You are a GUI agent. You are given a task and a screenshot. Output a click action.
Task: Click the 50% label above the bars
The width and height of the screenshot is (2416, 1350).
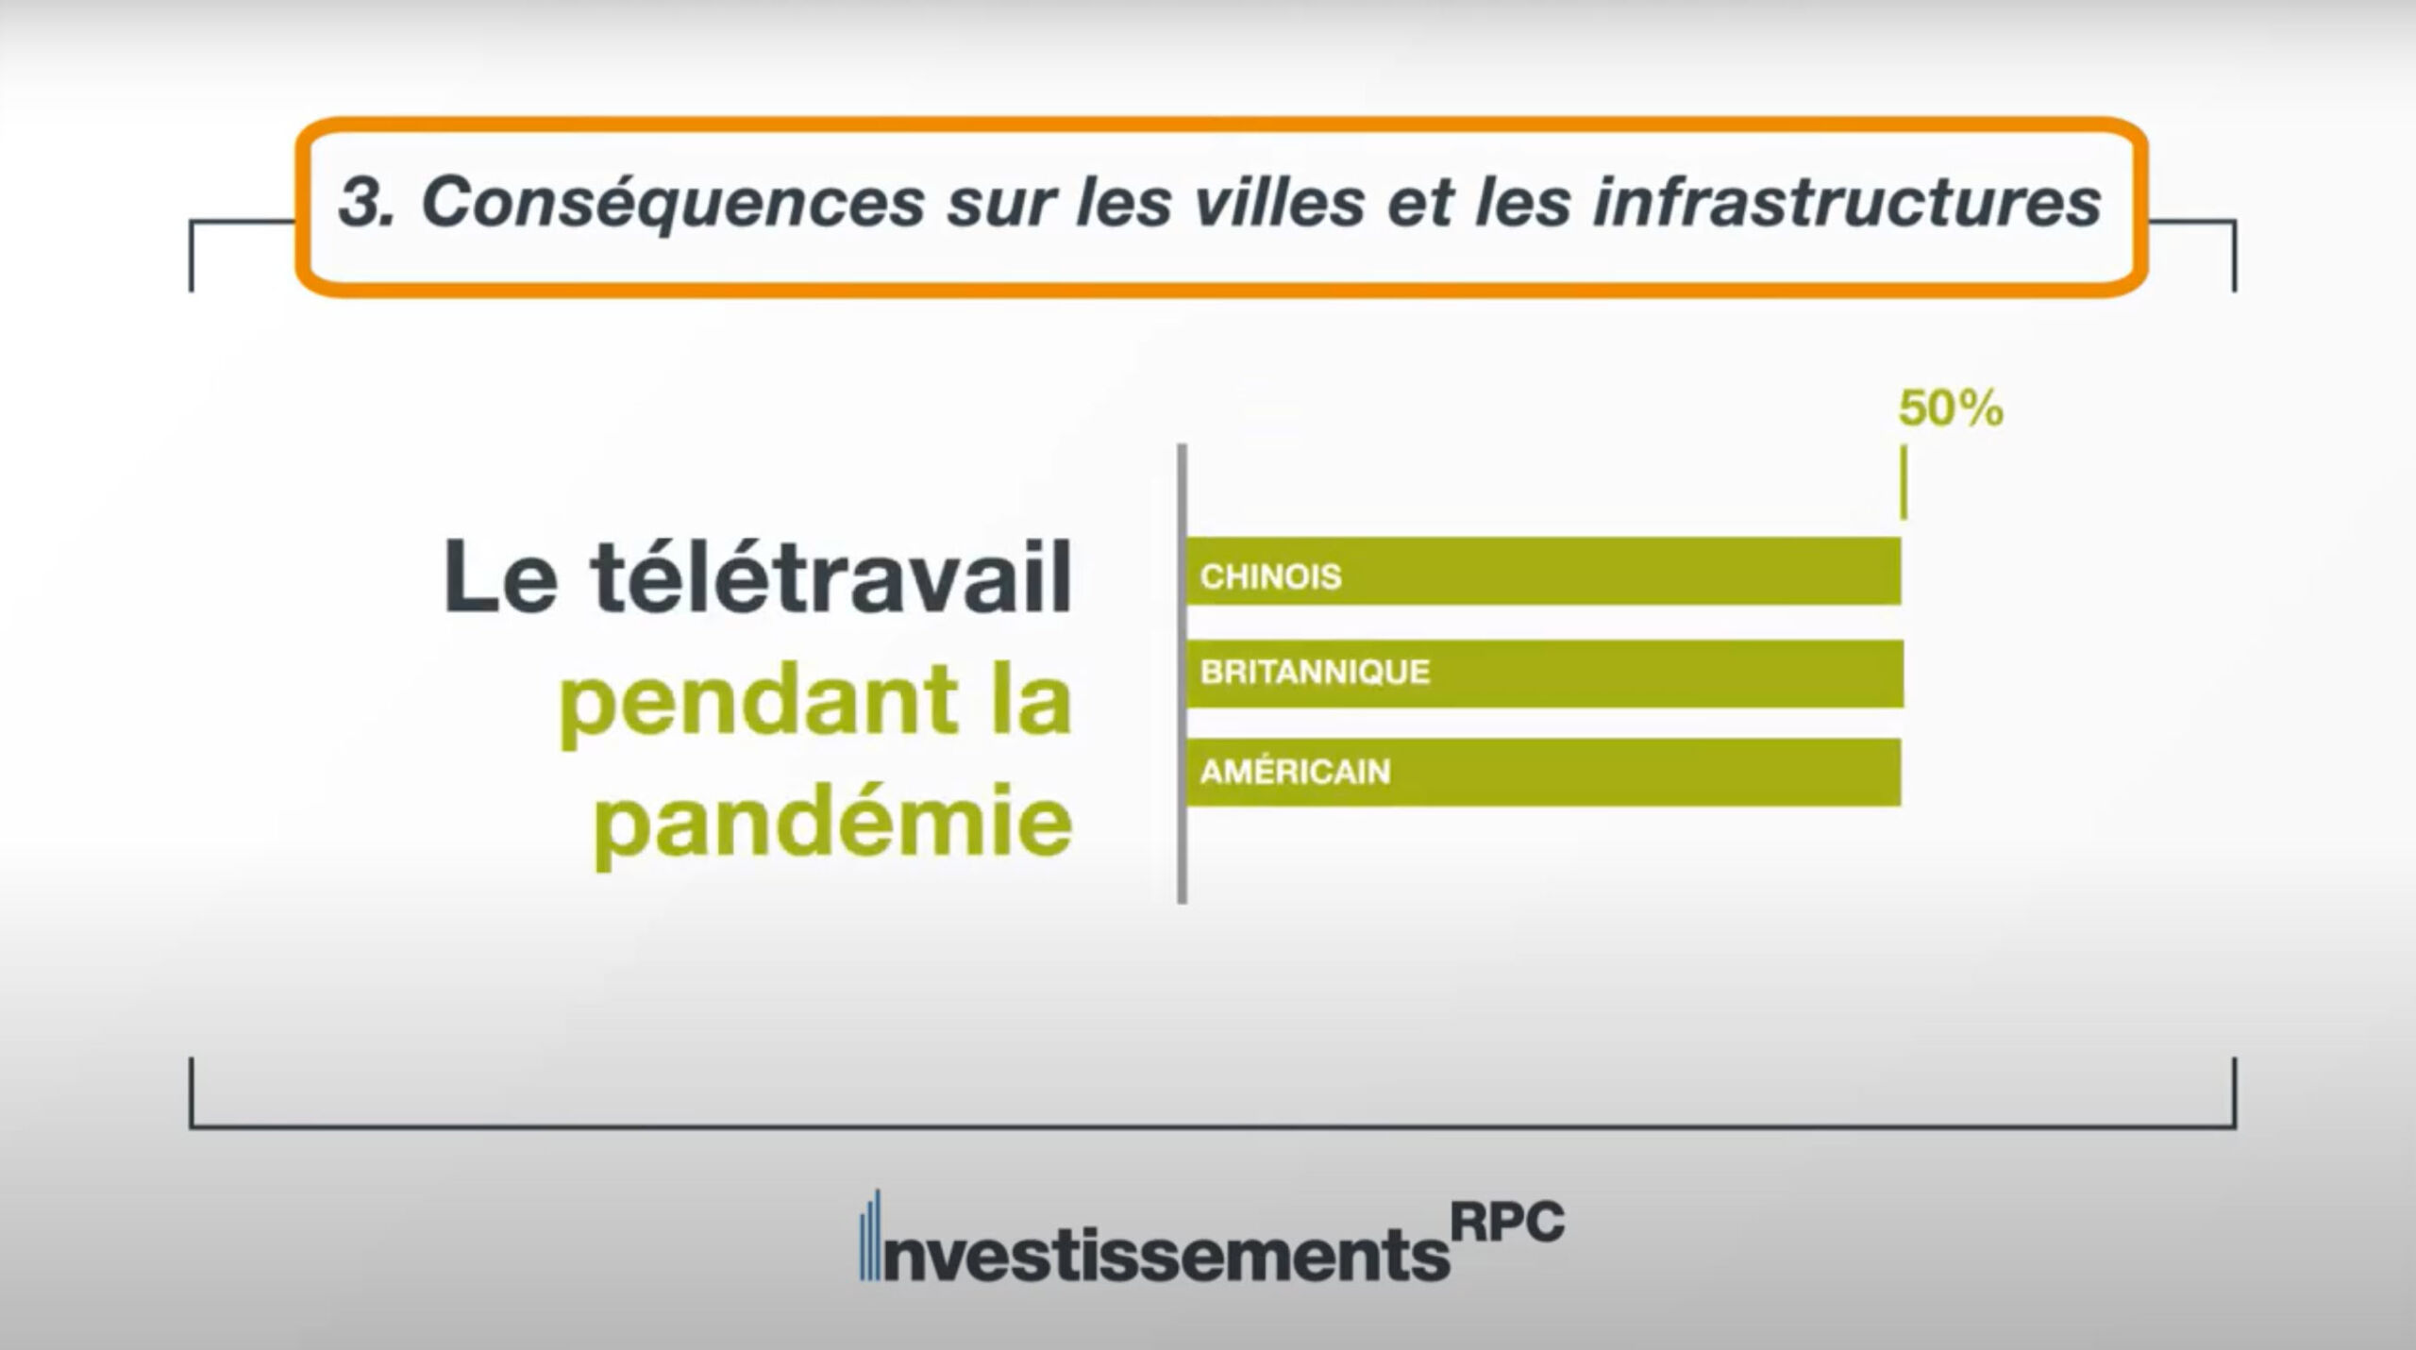point(1950,409)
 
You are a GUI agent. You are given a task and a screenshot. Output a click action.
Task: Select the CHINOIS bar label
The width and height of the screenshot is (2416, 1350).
point(1270,576)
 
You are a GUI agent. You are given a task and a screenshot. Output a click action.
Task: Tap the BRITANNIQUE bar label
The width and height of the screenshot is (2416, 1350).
point(1315,672)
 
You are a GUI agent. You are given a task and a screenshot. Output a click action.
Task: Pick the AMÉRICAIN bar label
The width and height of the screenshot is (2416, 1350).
point(1295,771)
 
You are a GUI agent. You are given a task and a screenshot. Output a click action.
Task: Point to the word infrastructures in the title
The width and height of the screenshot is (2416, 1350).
point(1847,202)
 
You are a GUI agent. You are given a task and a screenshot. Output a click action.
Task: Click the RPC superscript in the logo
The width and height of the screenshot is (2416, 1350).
point(1507,1224)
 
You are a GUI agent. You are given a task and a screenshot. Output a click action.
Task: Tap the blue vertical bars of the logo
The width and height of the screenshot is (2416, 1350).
point(869,1235)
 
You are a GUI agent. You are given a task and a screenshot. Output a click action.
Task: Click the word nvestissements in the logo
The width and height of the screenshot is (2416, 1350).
point(1166,1254)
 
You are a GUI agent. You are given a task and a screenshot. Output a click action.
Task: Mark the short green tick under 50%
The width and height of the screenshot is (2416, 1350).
point(1903,482)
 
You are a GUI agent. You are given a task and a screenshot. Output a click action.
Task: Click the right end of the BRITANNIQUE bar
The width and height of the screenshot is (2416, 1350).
point(1903,674)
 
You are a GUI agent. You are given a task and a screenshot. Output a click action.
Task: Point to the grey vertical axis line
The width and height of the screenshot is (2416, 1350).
point(1182,674)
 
